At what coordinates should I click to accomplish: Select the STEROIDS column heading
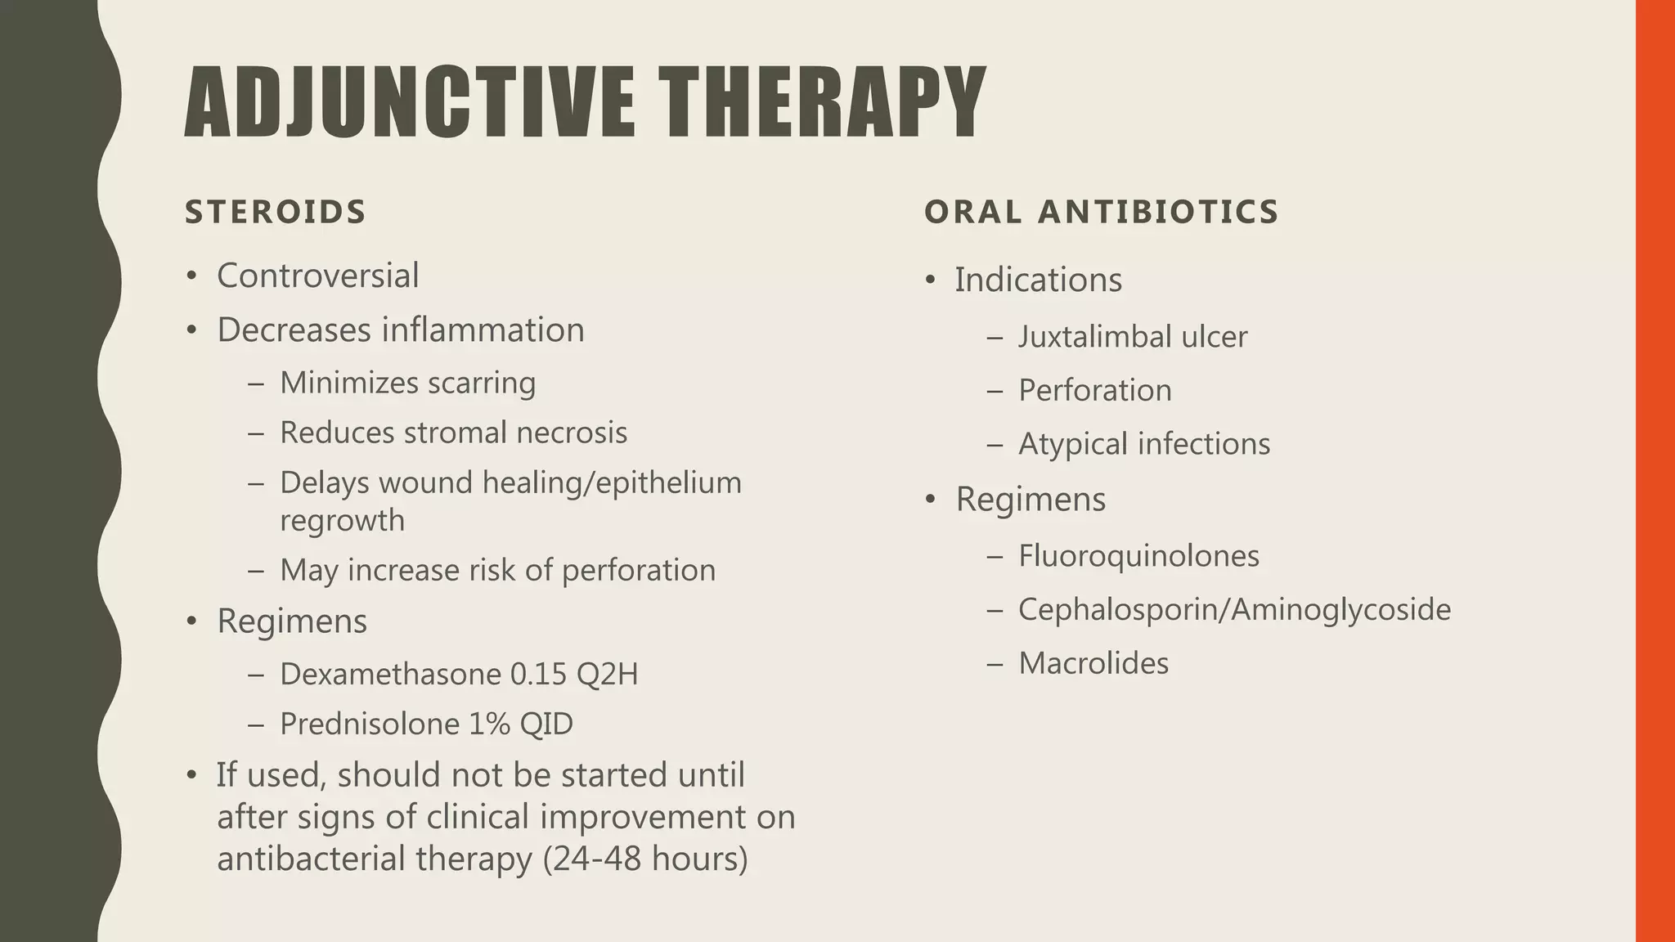coord(276,212)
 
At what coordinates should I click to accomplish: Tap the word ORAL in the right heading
coord(972,212)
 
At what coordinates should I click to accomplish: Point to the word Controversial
coord(317,276)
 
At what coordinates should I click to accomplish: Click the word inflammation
coord(483,330)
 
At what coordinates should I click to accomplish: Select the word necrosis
coord(572,433)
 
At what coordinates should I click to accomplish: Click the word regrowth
coord(342,521)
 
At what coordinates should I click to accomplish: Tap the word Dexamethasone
coord(388,674)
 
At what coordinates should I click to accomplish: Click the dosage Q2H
coord(607,674)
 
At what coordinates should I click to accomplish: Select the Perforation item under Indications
coord(1094,390)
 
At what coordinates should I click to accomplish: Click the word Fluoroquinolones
coord(1138,556)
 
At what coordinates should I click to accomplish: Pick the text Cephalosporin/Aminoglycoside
coord(1234,609)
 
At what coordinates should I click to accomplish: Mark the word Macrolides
coord(1093,663)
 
